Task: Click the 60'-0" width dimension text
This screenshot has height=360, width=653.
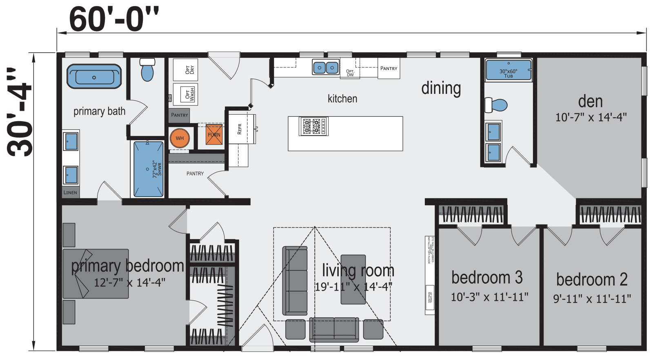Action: tap(114, 19)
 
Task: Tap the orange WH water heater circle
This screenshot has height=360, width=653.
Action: tap(180, 138)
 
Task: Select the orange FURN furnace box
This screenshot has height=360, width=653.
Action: tap(214, 135)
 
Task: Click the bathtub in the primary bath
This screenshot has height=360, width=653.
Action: tap(94, 76)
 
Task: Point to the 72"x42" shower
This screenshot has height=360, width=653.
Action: tap(149, 169)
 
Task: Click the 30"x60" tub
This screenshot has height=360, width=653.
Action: tap(509, 70)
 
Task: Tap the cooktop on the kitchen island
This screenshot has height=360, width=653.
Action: tap(313, 126)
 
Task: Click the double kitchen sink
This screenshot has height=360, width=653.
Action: tap(326, 67)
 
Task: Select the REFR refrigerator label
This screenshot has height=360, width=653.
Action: tap(240, 129)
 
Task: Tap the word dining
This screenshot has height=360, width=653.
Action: tap(441, 88)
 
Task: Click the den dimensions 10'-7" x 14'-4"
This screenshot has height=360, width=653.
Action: tap(591, 118)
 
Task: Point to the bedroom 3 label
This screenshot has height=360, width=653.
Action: tap(487, 278)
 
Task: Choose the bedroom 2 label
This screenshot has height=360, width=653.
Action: tap(591, 280)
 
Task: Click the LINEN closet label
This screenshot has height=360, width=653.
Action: tap(70, 192)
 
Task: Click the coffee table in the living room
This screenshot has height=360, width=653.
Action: tap(353, 280)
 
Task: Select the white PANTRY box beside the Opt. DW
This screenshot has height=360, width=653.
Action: tap(389, 68)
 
